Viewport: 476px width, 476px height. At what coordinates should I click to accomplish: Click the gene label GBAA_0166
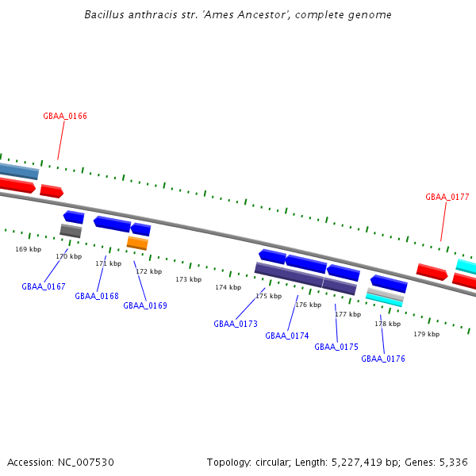pos(65,116)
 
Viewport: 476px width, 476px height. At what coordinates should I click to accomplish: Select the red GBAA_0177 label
pos(447,197)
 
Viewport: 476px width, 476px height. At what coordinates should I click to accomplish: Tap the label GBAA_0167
pos(44,286)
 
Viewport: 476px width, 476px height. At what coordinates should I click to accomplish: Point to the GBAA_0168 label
pos(97,296)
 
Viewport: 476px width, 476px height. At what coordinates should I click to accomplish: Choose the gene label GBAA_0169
pos(145,305)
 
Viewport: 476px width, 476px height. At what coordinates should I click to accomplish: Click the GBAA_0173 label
pos(236,324)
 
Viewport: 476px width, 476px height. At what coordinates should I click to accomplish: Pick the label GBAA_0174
pos(287,336)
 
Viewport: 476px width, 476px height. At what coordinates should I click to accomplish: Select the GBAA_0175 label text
pos(336,347)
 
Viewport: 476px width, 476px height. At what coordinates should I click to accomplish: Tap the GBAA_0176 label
pos(383,359)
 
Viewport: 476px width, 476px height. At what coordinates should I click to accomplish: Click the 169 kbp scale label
pos(29,249)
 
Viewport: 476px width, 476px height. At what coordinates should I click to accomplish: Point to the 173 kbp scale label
pos(189,279)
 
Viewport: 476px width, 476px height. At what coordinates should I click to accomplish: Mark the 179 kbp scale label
pos(427,334)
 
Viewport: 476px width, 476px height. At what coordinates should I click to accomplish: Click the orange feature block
pos(137,244)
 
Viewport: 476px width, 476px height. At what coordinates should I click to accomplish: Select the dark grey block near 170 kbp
pos(71,231)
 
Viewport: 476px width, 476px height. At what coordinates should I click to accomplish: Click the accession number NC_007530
pos(86,463)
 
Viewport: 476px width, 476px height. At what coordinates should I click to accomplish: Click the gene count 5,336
pos(454,463)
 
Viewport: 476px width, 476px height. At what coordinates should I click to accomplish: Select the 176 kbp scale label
pos(309,305)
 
